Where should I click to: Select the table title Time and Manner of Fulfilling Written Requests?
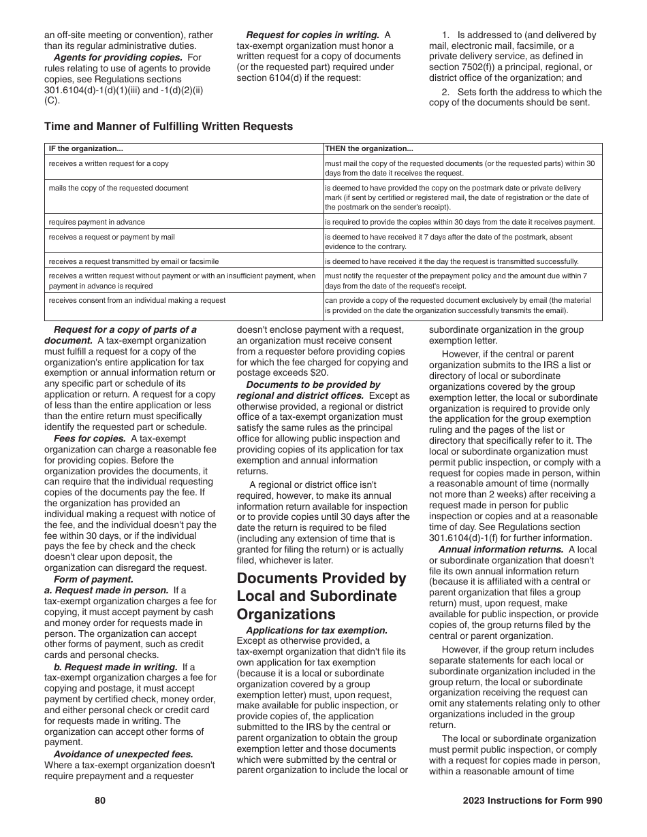coord(169,126)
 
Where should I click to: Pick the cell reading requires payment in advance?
coord(97,222)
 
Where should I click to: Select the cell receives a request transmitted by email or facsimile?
coord(133,261)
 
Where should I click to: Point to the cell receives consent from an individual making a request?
coord(137,300)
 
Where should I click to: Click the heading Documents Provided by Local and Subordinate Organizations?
coord(321,596)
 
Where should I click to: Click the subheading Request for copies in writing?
coord(313,35)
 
